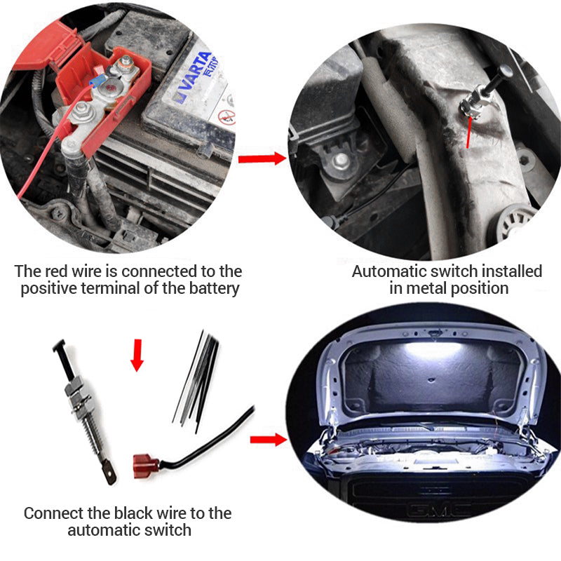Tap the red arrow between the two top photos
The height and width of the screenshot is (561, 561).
[x=262, y=158]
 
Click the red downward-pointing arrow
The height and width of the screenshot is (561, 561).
[x=137, y=355]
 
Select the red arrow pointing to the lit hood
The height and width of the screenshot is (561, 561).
[x=268, y=440]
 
